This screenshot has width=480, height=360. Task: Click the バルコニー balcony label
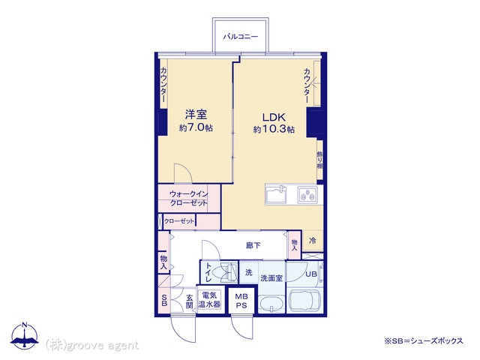click(241, 37)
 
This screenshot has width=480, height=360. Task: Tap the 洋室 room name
click(196, 115)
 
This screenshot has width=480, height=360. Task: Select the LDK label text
click(274, 117)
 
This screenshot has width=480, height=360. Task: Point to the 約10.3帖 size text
click(274, 129)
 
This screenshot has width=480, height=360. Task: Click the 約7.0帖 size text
click(196, 127)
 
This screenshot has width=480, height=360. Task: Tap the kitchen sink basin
click(276, 195)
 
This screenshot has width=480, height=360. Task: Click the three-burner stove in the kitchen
click(308, 195)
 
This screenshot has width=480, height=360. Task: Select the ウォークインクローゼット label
click(188, 198)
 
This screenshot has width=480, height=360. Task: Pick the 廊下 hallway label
click(253, 245)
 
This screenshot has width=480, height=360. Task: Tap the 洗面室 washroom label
click(271, 278)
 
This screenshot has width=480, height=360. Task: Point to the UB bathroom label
click(311, 274)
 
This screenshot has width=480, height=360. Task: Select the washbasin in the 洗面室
click(271, 304)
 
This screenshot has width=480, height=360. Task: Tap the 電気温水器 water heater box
click(209, 300)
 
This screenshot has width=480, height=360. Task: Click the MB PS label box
click(241, 301)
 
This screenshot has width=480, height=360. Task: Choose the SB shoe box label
click(164, 300)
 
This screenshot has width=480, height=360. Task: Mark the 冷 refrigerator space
click(313, 241)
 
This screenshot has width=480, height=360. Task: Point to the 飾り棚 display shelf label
click(320, 160)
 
